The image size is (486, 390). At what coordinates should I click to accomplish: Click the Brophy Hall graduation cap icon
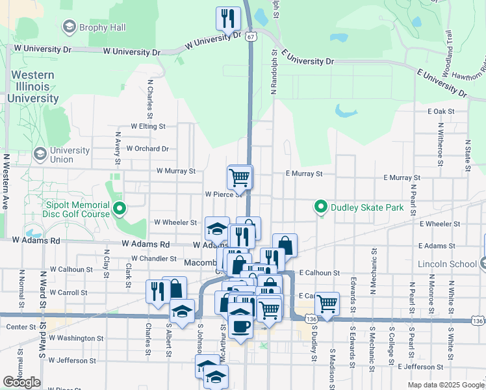[x=69, y=26]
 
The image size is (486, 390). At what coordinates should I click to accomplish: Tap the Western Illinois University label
[x=32, y=86]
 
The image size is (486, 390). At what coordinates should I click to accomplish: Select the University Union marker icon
[x=40, y=154]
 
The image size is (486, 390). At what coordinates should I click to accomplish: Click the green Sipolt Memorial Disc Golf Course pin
[x=119, y=209]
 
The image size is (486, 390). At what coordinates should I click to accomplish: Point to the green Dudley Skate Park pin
[x=320, y=208]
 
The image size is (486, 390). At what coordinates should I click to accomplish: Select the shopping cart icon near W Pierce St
[x=239, y=176]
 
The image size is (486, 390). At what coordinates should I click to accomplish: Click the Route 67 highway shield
[x=251, y=37]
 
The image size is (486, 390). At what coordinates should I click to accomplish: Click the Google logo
[x=22, y=382]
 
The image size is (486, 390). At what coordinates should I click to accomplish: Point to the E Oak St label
[x=441, y=112]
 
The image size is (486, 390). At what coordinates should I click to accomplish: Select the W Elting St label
[x=148, y=126]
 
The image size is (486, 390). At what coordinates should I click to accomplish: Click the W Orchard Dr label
[x=147, y=148]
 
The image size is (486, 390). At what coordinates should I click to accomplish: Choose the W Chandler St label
[x=155, y=259]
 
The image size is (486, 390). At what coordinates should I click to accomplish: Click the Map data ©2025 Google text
[x=445, y=385]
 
